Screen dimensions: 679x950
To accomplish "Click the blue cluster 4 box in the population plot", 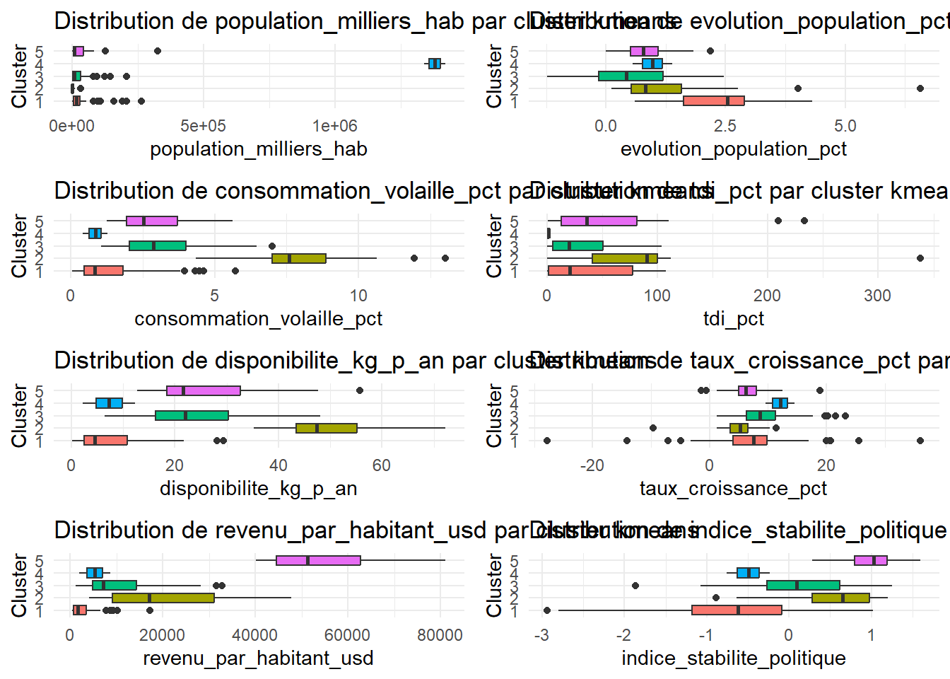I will (435, 64).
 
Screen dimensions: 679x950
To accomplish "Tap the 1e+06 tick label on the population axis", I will (335, 126).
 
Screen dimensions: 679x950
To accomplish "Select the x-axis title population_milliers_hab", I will (258, 149).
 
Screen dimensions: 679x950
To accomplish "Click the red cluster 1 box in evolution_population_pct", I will (713, 101).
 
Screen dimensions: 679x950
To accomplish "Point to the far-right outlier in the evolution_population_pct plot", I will (920, 88).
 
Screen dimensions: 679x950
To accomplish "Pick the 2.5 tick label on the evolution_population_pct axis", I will (725, 126).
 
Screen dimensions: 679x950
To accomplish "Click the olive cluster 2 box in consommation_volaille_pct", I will (299, 258).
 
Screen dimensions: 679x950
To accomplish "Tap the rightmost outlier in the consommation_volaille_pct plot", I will (445, 258).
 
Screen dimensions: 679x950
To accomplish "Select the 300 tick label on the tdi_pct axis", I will (877, 296).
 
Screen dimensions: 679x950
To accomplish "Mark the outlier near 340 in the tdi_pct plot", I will (920, 258).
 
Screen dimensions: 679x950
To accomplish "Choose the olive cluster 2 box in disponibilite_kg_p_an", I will (327, 428).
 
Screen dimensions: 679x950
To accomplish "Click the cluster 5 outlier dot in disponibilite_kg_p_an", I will (360, 390).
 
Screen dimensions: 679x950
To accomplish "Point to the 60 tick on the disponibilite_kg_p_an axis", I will (381, 465).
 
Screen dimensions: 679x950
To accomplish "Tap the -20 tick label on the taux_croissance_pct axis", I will (592, 465).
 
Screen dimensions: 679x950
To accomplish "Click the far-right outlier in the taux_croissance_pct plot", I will (920, 441).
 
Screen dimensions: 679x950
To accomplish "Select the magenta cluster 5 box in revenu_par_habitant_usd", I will (318, 560).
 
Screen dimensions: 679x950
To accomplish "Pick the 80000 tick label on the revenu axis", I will (440, 635).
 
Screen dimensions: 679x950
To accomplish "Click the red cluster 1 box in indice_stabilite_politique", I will (737, 610).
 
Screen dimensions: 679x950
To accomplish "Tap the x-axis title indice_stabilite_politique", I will (733, 658).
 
